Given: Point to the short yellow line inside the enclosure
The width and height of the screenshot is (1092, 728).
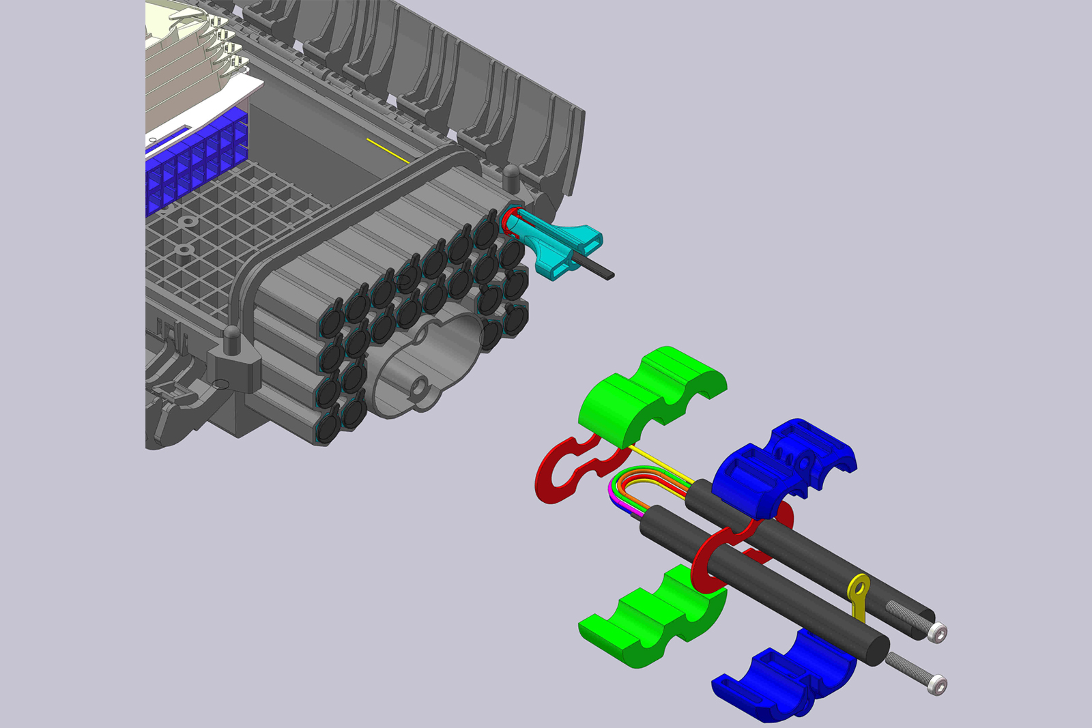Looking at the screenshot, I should pyautogui.click(x=387, y=151).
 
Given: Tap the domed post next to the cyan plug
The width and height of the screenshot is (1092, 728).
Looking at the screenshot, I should pyautogui.click(x=511, y=175).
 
